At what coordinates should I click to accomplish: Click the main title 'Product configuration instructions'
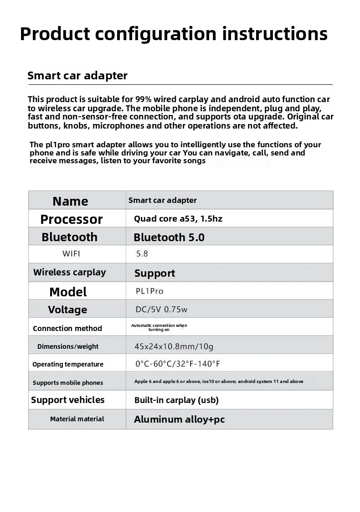tap(174, 34)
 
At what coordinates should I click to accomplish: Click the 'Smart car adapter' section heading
tap(77, 76)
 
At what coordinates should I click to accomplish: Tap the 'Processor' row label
tap(72, 219)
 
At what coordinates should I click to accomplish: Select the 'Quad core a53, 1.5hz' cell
tap(178, 219)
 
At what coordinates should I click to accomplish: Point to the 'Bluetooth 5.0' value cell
tap(169, 238)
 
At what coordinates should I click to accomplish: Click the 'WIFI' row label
tap(71, 254)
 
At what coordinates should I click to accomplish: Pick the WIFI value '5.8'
tap(142, 254)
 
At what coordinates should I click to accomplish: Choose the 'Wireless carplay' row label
tap(69, 273)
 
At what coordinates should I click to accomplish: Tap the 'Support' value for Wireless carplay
tap(154, 274)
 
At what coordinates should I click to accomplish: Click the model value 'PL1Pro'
tap(149, 291)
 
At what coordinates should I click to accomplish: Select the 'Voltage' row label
tap(67, 310)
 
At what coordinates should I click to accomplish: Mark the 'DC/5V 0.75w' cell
tap(161, 310)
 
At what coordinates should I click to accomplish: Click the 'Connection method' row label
tap(67, 328)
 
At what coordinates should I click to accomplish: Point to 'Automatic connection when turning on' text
tap(159, 327)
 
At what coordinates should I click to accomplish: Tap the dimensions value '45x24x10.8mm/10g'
tap(174, 347)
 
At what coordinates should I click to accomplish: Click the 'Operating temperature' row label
tap(68, 364)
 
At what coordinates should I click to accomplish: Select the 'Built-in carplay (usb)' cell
tap(176, 400)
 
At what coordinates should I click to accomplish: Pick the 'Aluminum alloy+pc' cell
tap(179, 419)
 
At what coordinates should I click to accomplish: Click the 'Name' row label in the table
tap(70, 201)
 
